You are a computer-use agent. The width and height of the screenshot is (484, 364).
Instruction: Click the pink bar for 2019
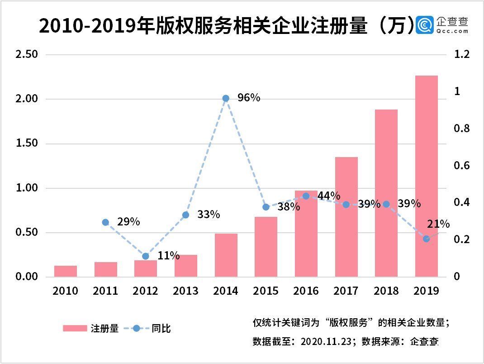click(427, 177)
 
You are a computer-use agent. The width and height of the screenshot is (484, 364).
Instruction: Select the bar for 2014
click(226, 255)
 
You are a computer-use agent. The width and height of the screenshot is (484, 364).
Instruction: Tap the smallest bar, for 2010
click(66, 271)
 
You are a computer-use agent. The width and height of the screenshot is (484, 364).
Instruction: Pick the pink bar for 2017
click(346, 217)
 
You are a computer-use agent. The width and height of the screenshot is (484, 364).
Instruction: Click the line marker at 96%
click(226, 98)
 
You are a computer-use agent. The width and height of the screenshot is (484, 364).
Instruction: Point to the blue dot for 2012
click(146, 256)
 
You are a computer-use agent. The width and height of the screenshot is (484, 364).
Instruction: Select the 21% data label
click(438, 224)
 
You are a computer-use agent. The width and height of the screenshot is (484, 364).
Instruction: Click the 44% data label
click(329, 196)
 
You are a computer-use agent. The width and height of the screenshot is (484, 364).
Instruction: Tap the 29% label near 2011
click(128, 222)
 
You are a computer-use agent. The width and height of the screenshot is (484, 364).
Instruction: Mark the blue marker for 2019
click(426, 239)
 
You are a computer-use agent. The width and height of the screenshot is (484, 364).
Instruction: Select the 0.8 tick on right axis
click(461, 129)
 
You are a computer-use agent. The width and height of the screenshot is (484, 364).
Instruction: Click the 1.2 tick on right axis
click(461, 55)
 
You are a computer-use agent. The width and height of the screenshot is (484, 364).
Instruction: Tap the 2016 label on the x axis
click(306, 291)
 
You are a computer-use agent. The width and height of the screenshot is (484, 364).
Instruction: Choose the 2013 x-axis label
click(186, 291)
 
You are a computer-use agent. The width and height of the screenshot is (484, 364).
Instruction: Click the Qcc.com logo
click(443, 26)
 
